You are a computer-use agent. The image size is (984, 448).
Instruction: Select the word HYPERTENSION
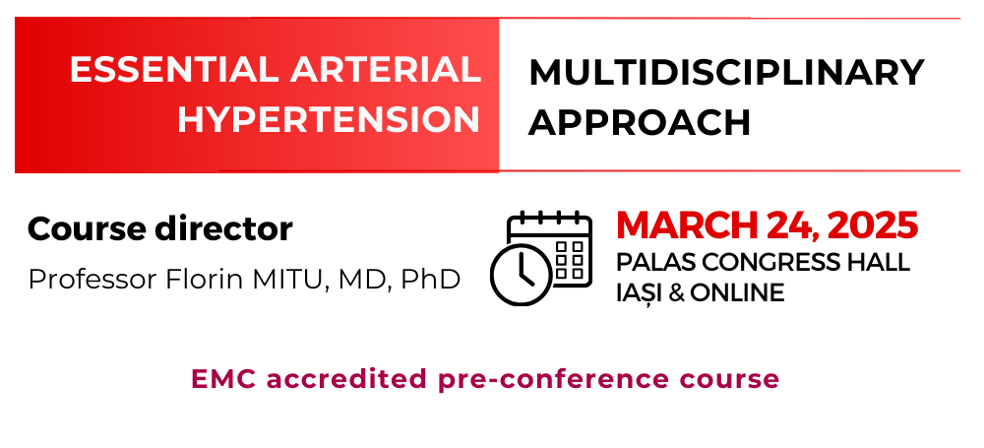329,120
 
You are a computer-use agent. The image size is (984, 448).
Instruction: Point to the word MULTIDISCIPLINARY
727,72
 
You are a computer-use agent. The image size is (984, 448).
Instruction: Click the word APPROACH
640,122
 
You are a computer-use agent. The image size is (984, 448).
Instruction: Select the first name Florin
205,280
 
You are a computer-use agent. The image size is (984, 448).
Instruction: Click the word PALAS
646,263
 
